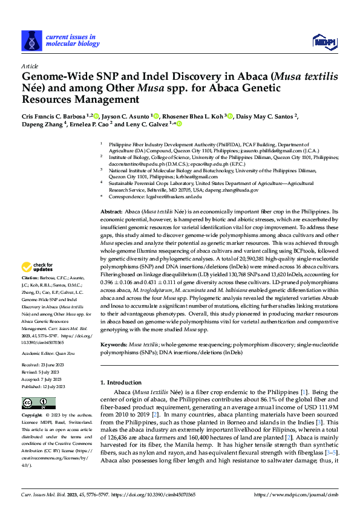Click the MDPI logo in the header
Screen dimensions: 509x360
(x=324, y=41)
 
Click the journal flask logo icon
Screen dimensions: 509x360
(x=31, y=41)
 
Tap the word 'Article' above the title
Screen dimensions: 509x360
(x=30, y=66)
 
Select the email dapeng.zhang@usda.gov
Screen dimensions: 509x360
(x=233, y=190)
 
